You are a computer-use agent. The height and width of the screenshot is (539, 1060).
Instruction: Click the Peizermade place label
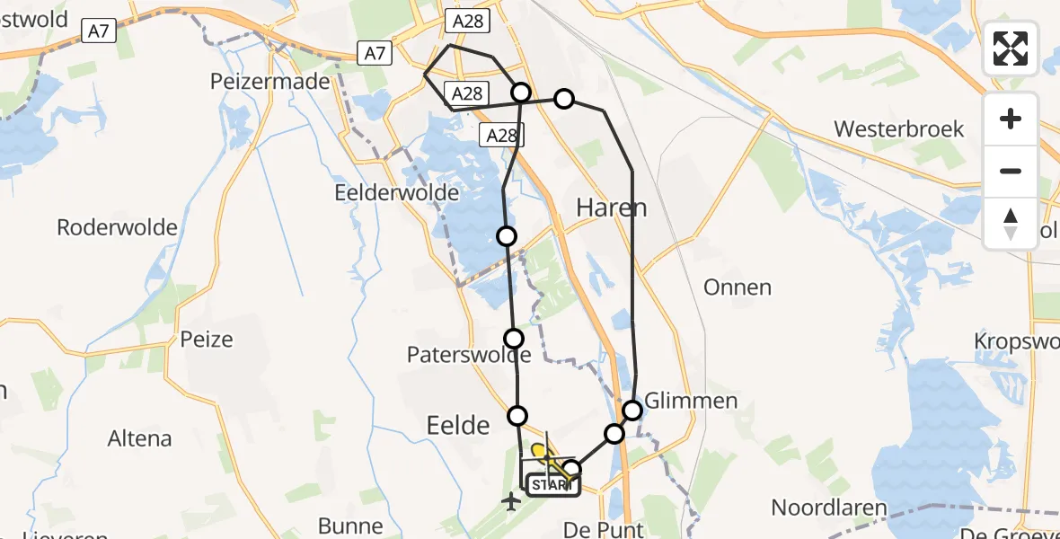(x=270, y=81)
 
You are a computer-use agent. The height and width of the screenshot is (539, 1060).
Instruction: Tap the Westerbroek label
(x=898, y=128)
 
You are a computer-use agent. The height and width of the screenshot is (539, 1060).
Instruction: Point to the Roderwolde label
(x=117, y=227)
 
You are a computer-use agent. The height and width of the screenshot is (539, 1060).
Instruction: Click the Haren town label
(x=611, y=208)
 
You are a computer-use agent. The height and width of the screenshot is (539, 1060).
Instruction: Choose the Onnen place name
(x=738, y=287)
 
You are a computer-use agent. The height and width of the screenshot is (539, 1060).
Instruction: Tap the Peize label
(x=207, y=340)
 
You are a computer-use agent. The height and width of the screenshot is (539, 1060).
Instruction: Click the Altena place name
(x=139, y=439)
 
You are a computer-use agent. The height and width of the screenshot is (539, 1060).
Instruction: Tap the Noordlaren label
(x=830, y=508)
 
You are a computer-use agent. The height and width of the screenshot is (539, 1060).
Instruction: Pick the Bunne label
(x=350, y=526)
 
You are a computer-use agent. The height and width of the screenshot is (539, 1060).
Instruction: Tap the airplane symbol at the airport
(x=511, y=501)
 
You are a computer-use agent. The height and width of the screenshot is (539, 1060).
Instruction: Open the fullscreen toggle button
(x=1011, y=49)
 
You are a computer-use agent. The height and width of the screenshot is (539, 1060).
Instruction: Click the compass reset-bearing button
(x=1011, y=223)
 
